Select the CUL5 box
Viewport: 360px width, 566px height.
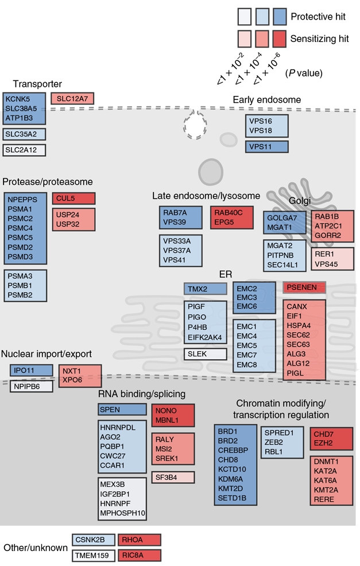(x=73, y=199)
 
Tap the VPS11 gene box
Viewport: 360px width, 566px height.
(x=267, y=147)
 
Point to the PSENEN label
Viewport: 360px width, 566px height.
(x=304, y=286)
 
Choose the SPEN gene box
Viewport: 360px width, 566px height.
(x=122, y=409)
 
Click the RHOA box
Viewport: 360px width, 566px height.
(x=139, y=540)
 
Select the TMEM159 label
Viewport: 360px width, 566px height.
(x=95, y=556)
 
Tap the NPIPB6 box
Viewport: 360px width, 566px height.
(x=31, y=386)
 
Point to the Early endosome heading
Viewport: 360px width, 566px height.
(x=266, y=100)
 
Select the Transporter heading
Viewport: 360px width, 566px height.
(x=37, y=84)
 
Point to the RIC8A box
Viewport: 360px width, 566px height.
(x=139, y=556)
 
